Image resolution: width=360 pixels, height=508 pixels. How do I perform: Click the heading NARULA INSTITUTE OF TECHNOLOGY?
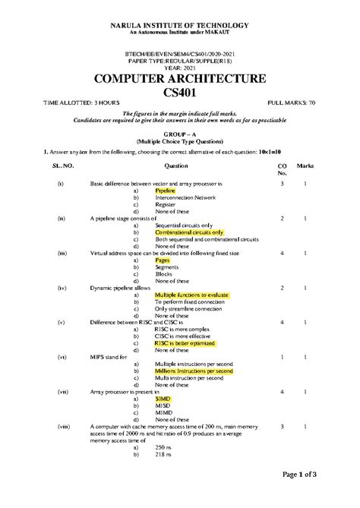180,24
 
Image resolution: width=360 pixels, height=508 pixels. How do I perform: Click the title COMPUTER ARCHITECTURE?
179,79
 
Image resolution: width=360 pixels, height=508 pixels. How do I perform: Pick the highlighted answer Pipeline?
165,191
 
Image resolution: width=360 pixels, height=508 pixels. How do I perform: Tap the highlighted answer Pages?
163,260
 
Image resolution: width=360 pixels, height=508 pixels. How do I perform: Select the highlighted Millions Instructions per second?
194,371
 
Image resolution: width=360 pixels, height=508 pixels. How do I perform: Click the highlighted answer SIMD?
163,399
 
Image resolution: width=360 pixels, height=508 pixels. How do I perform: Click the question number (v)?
61,323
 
